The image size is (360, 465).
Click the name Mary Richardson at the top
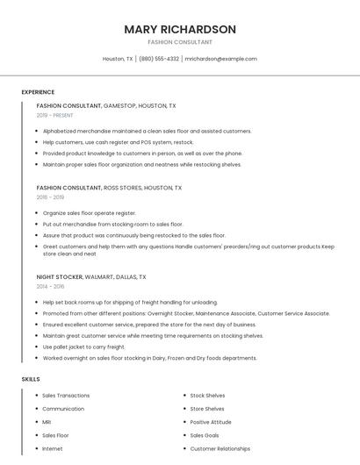click(x=180, y=29)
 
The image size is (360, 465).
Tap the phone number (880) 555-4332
click(x=159, y=59)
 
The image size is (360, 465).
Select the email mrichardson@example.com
click(x=220, y=59)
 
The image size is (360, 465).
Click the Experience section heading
click(x=38, y=92)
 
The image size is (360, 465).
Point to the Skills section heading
click(x=31, y=379)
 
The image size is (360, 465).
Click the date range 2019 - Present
click(x=54, y=115)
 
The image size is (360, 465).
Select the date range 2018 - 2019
click(x=50, y=197)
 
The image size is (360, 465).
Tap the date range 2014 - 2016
click(x=50, y=286)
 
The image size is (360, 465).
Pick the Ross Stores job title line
click(x=109, y=188)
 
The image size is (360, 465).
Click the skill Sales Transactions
click(x=66, y=396)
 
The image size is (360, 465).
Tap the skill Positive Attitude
click(x=212, y=422)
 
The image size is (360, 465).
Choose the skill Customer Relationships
click(x=220, y=449)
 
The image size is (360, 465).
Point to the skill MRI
click(x=47, y=422)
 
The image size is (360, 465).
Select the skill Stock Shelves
click(x=207, y=396)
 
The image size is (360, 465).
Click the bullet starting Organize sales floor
click(x=89, y=213)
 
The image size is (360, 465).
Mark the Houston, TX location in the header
click(x=118, y=59)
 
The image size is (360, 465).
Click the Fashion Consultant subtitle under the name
click(x=180, y=42)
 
